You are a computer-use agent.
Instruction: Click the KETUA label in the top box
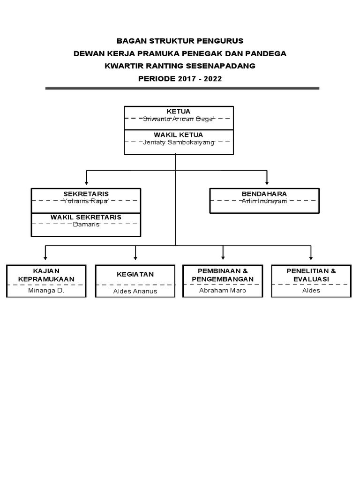pyautogui.click(x=179, y=112)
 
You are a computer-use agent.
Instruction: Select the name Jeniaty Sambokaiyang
pyautogui.click(x=179, y=142)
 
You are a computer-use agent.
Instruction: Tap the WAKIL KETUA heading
pyautogui.click(x=179, y=135)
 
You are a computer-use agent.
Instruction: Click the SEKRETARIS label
pyautogui.click(x=86, y=194)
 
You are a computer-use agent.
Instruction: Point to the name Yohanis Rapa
pyautogui.click(x=86, y=201)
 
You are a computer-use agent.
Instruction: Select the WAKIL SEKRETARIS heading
pyautogui.click(x=86, y=217)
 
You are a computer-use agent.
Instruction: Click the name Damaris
pyautogui.click(x=86, y=225)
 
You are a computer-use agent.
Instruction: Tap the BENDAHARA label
pyautogui.click(x=264, y=194)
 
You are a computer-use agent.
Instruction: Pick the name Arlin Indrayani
pyautogui.click(x=264, y=201)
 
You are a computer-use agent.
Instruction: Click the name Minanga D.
pyautogui.click(x=46, y=291)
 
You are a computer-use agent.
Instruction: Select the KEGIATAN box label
pyautogui.click(x=135, y=274)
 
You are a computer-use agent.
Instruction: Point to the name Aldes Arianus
pyautogui.click(x=135, y=291)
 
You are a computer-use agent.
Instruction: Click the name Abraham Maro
pyautogui.click(x=223, y=291)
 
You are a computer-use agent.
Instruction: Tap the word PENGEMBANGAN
pyautogui.click(x=223, y=279)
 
